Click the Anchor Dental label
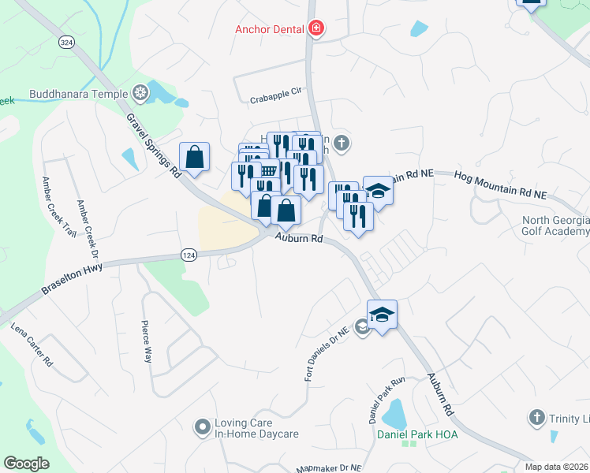pyautogui.click(x=271, y=30)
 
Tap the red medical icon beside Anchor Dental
pyautogui.click(x=317, y=30)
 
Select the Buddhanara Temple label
pyautogui.click(x=78, y=95)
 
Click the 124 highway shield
pyautogui.click(x=188, y=255)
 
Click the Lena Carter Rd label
pyautogui.click(x=32, y=345)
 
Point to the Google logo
pyautogui.click(x=26, y=464)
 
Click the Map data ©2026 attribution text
pyautogui.click(x=556, y=467)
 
